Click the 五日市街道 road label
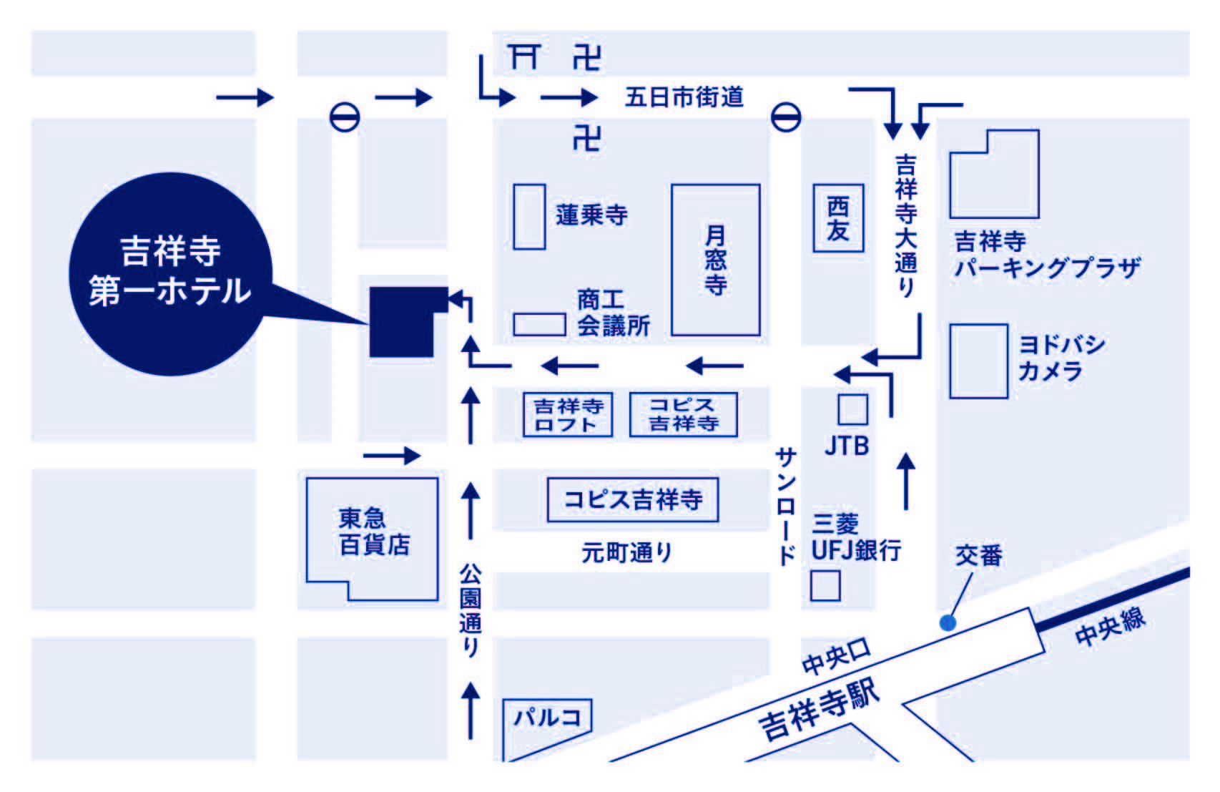click(684, 97)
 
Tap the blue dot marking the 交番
click(948, 622)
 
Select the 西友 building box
click(838, 218)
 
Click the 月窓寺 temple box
click(716, 260)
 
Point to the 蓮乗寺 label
click(591, 215)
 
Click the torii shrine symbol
click(524, 57)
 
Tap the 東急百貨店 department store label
click(374, 532)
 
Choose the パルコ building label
click(547, 718)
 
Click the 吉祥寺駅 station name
click(819, 710)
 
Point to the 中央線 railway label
click(1110, 627)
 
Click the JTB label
click(847, 446)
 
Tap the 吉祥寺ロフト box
click(568, 414)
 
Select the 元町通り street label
click(626, 553)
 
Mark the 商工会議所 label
click(614, 313)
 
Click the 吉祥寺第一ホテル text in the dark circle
click(170, 270)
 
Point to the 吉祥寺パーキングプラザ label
click(1048, 255)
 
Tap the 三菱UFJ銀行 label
click(856, 537)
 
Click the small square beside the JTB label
click(853, 410)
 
